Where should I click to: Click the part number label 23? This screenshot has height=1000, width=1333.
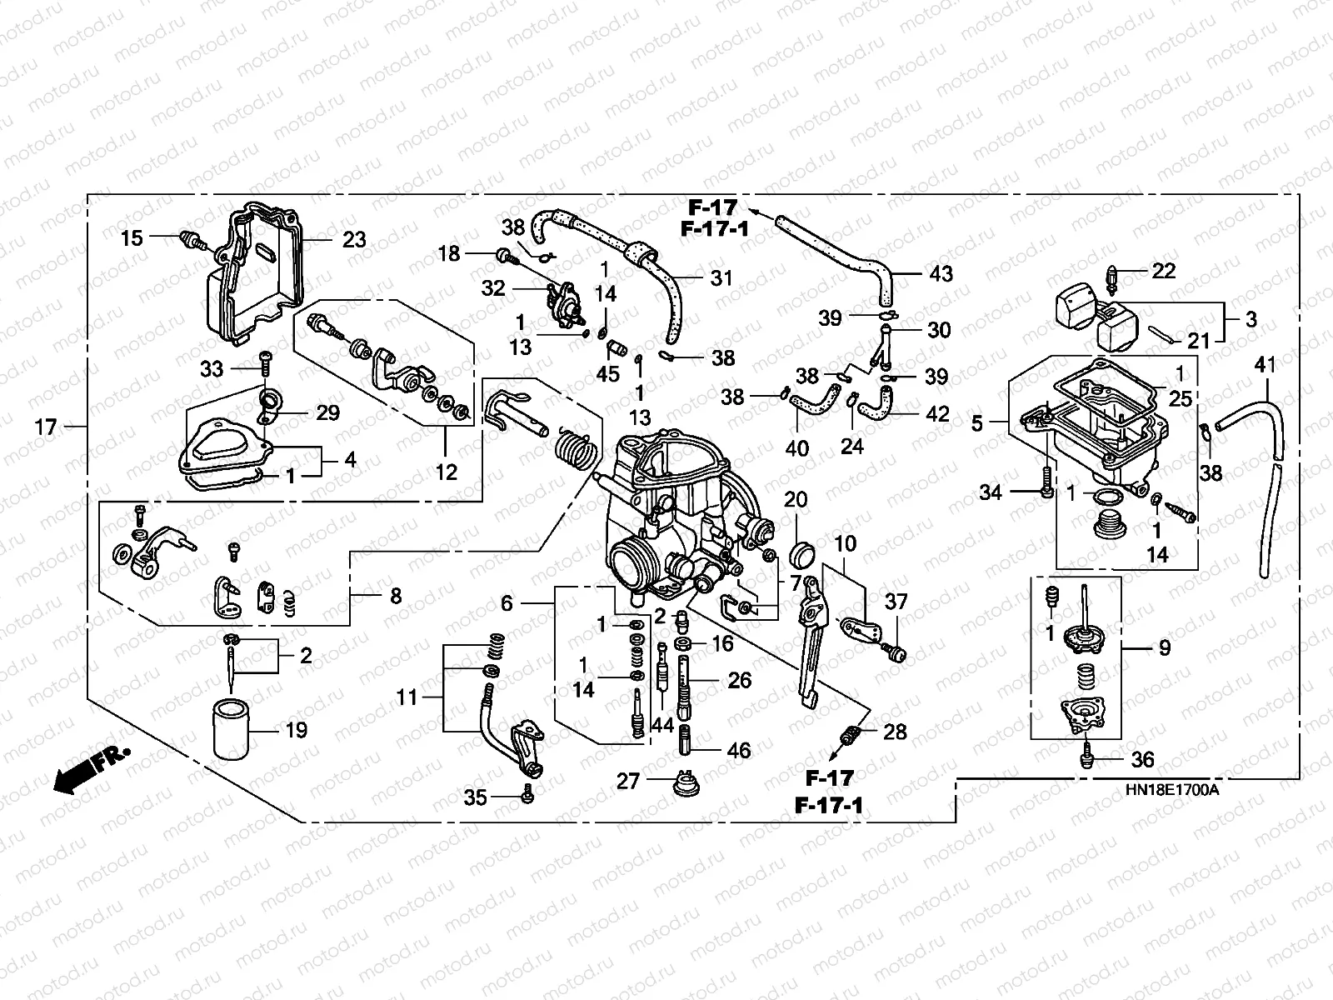354,239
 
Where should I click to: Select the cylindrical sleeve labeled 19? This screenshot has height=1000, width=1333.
231,729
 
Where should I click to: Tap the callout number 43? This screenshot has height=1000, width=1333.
941,274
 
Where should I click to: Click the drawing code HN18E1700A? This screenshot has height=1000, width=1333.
1171,789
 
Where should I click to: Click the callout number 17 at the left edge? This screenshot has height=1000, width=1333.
46,427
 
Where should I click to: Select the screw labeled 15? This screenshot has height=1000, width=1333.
194,242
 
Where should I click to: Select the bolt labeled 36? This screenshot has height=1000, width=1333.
1086,759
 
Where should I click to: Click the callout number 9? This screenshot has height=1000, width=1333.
1164,647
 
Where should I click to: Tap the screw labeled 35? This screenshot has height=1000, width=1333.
527,793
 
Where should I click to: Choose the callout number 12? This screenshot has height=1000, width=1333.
447,472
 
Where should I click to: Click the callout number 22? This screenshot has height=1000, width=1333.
1163,271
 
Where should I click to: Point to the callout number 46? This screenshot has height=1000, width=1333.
739,750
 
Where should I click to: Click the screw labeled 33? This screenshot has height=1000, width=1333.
266,363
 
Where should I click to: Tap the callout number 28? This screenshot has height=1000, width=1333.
895,732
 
